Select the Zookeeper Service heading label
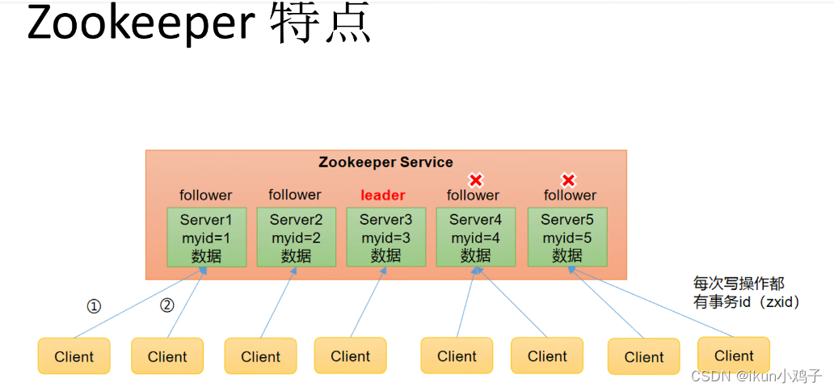(385, 162)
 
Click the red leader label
(383, 195)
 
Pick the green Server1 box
(206, 238)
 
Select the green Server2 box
(296, 238)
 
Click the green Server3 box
(385, 238)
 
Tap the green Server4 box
(475, 238)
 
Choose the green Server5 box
(567, 238)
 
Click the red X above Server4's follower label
(476, 180)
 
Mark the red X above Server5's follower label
(568, 180)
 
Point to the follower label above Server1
(205, 195)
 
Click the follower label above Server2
(295, 195)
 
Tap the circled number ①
(95, 306)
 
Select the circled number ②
(166, 305)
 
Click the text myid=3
(385, 238)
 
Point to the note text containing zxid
(746, 302)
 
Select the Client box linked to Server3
(350, 355)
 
